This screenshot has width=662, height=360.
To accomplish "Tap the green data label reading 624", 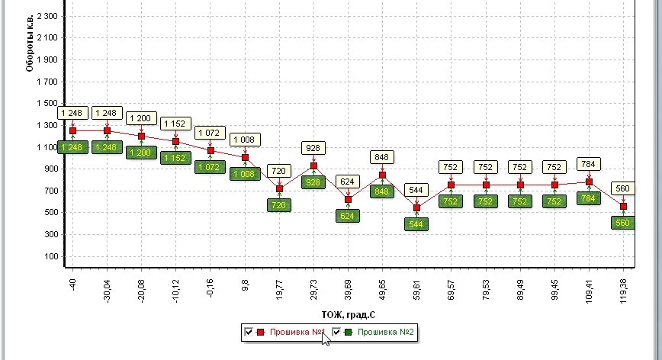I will point(348,216).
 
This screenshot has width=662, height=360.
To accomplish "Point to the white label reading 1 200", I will point(142,118).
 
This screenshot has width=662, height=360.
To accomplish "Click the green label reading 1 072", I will point(210,166).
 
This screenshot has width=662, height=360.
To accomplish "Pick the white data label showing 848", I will point(382,157).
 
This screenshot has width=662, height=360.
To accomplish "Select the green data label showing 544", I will point(417,224).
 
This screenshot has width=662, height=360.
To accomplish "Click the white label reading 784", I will point(589,163).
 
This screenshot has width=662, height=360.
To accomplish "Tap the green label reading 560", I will point(623,223).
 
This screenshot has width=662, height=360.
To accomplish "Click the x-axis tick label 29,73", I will point(314,291).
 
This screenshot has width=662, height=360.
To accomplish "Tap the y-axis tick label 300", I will point(51,235).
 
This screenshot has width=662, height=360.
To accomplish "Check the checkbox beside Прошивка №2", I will point(336,333).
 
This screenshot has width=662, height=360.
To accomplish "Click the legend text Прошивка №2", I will point(385,333).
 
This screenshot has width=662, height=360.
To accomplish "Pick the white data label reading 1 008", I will point(245,140).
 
